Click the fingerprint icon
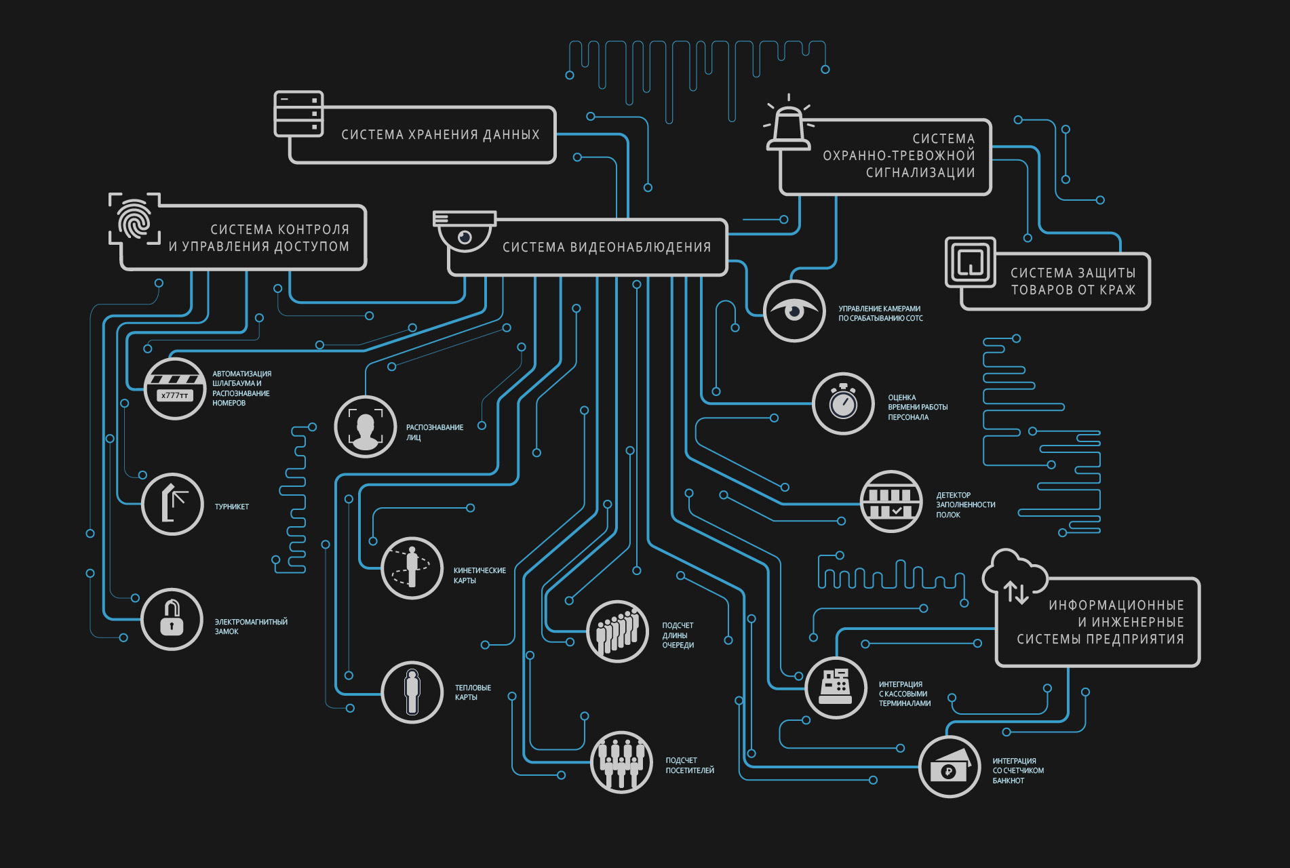tap(134, 218)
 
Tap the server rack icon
tap(298, 114)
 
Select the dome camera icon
tap(465, 231)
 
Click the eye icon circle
tap(794, 311)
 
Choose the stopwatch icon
tap(843, 403)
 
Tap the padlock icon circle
tap(172, 619)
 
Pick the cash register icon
tap(836, 687)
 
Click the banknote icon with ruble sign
tap(950, 766)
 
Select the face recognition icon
tap(365, 427)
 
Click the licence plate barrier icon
tap(175, 389)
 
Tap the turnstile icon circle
tap(172, 505)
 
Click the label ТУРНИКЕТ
tap(232, 507)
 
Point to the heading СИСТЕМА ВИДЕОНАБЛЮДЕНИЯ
tap(607, 248)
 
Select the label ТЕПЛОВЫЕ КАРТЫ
tap(473, 692)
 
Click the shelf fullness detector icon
tap(891, 501)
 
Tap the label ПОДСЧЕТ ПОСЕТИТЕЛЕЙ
tap(690, 766)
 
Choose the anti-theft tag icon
tap(971, 261)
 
